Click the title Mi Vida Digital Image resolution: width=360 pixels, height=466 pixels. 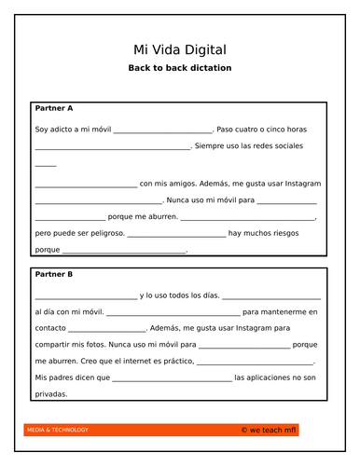tap(179, 48)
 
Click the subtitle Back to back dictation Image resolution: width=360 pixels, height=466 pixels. tap(179, 68)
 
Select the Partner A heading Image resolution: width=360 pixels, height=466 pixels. tap(54, 108)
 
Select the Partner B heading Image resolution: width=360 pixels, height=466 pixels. tap(54, 274)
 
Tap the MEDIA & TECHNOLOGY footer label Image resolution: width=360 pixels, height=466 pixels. tap(58, 430)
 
